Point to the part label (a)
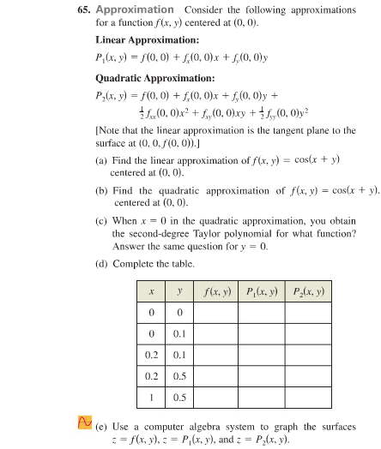click(x=102, y=160)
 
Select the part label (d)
click(x=102, y=265)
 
